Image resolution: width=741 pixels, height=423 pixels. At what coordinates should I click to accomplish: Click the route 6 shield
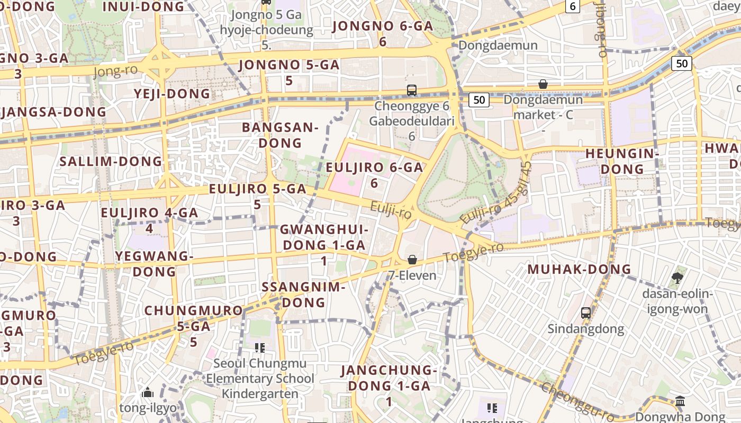(572, 6)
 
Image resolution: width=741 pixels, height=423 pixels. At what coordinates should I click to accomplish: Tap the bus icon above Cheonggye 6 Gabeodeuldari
(412, 90)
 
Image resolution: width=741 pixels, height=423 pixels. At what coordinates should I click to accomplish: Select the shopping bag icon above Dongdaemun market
(543, 84)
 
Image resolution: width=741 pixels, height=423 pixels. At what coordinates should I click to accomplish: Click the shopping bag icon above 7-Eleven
(412, 260)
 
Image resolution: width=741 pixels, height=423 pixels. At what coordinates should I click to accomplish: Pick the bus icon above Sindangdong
(585, 312)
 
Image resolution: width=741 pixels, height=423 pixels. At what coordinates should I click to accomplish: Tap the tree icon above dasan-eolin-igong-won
(676, 278)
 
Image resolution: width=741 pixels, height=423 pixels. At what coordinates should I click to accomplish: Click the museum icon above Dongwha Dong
(680, 401)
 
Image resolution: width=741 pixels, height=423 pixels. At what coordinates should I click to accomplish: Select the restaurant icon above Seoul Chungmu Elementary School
(259, 347)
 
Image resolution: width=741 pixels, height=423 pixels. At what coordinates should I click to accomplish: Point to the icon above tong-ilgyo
(148, 392)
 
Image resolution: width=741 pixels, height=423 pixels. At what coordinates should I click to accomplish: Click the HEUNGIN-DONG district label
(622, 161)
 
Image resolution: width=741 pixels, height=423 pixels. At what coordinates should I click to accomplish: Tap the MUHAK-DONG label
(579, 269)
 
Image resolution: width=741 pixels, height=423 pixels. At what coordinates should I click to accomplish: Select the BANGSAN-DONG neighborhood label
(280, 135)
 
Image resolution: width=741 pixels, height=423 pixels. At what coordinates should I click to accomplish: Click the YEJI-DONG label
(172, 94)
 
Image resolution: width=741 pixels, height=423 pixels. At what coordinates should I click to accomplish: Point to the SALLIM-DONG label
(111, 161)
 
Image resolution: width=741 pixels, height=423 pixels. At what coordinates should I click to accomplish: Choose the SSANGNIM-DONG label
(304, 295)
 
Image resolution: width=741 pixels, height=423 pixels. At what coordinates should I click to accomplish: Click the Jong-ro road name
(115, 70)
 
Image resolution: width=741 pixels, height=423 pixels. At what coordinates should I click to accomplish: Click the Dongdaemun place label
(498, 45)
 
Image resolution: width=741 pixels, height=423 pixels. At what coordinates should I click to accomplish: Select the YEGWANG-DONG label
(154, 263)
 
